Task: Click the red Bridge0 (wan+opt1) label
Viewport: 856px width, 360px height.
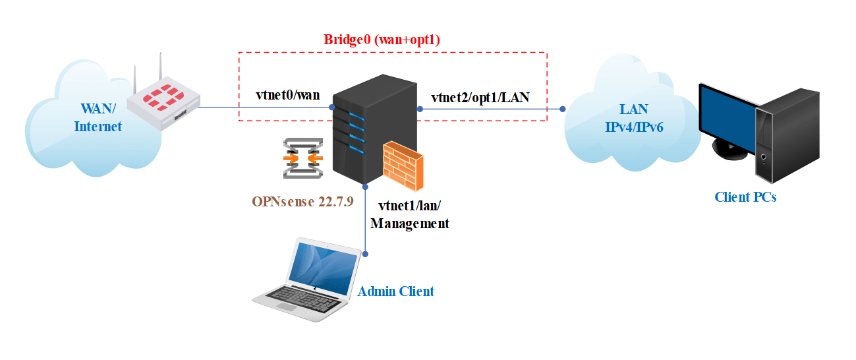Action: [382, 40]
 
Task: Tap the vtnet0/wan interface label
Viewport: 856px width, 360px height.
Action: [287, 95]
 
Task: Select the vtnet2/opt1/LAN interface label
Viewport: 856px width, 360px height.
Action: [480, 98]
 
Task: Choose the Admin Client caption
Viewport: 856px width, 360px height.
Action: [395, 291]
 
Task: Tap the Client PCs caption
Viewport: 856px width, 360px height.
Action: [745, 196]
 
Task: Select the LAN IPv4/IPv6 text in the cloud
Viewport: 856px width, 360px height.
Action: [634, 118]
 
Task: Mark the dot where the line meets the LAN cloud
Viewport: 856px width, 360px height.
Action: [563, 108]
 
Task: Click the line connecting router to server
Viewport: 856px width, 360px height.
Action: [264, 107]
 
